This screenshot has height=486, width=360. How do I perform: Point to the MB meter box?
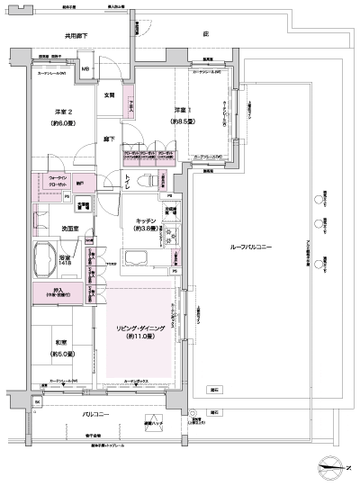pyautogui.click(x=86, y=70)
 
